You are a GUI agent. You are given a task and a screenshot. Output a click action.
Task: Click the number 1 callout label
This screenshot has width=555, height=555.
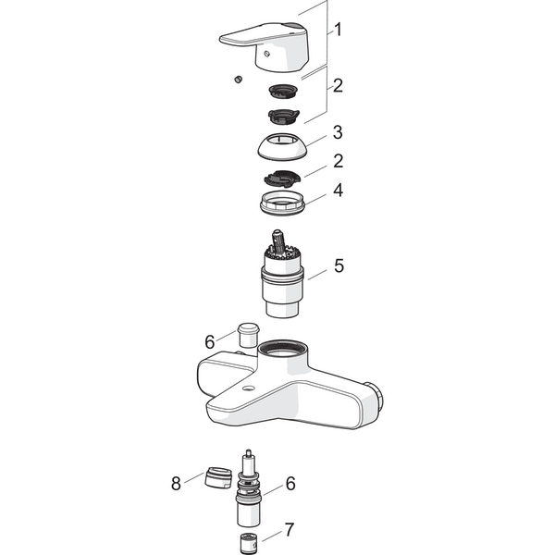[339, 30]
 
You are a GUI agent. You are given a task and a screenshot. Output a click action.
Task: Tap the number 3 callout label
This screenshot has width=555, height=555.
[338, 132]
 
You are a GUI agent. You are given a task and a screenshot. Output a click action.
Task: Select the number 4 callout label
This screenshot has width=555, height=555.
[338, 190]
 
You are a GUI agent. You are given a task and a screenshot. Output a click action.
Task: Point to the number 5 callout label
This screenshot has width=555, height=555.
[339, 265]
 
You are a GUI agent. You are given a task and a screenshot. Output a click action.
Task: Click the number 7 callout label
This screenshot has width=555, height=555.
[290, 529]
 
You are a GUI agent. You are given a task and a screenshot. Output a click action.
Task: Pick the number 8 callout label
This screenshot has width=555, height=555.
[176, 484]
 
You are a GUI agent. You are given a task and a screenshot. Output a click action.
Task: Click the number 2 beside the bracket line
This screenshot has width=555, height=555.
[338, 85]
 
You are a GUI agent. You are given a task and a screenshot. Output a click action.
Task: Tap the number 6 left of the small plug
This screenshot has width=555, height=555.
[210, 341]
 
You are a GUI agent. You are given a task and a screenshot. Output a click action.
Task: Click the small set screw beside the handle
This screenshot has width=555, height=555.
[239, 79]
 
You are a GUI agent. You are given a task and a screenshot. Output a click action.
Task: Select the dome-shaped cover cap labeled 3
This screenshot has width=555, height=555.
[282, 146]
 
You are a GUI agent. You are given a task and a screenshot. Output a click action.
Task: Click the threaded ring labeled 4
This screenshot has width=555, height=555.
[282, 203]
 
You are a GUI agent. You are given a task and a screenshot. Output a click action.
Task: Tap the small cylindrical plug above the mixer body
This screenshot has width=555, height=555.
[249, 335]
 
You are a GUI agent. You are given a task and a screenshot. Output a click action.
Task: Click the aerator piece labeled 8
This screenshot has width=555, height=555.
[218, 478]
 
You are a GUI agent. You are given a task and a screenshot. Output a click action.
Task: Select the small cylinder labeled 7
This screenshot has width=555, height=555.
[248, 543]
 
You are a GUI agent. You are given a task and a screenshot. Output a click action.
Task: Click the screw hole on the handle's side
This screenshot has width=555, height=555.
[267, 54]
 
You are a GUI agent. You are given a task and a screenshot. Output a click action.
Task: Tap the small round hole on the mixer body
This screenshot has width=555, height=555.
[248, 389]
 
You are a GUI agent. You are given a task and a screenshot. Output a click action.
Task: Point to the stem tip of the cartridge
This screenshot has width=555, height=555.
[277, 234]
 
